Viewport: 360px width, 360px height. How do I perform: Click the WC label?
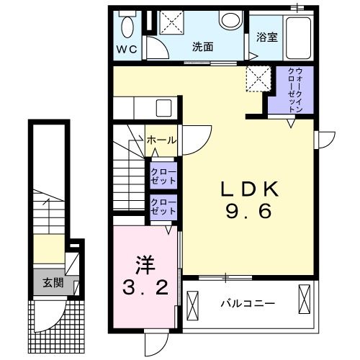(127, 50)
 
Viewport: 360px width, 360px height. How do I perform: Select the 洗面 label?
(202, 47)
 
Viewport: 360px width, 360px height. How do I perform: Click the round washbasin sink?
(230, 21)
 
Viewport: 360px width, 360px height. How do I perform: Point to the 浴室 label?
(267, 37)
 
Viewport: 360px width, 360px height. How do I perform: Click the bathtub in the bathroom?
(298, 38)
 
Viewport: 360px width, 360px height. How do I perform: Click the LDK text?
(250, 189)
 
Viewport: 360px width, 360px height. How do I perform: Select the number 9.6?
(249, 210)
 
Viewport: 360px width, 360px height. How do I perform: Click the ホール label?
(161, 140)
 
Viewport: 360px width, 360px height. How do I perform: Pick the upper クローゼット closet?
(163, 176)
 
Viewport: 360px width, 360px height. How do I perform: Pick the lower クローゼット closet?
(163, 207)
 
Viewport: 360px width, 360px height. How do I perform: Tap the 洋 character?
(145, 265)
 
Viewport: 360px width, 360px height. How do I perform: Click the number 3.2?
(145, 288)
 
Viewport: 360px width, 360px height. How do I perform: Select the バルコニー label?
(248, 304)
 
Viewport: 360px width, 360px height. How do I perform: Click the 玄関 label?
(53, 283)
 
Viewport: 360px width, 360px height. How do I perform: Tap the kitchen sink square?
(163, 108)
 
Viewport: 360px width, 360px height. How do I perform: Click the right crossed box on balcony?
(305, 299)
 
